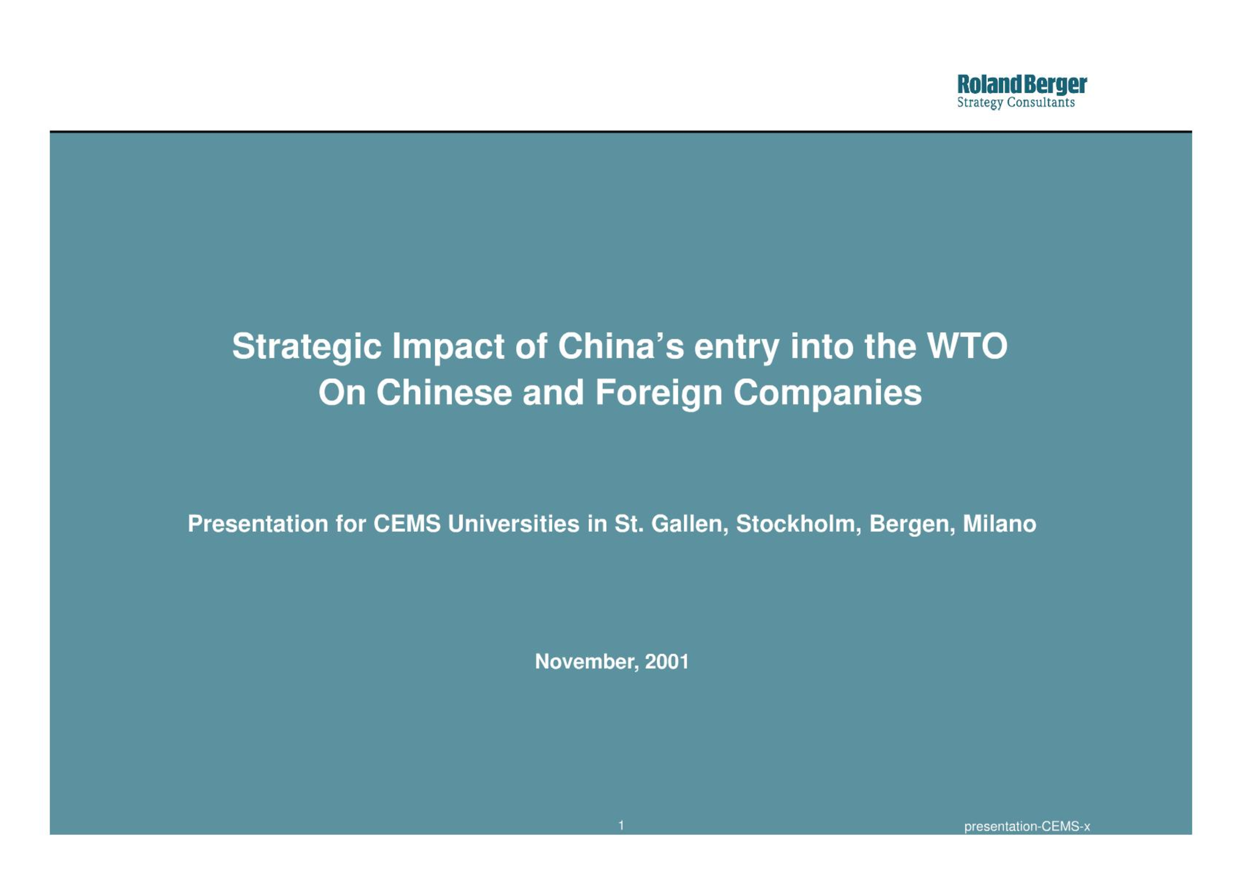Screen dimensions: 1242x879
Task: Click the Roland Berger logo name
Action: click(1021, 85)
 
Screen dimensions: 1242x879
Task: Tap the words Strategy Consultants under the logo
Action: click(1016, 103)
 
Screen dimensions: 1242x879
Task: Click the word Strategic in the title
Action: click(307, 347)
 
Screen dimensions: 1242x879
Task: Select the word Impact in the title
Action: click(448, 347)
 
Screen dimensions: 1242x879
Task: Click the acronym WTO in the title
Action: click(967, 346)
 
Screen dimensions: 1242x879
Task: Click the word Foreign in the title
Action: click(659, 394)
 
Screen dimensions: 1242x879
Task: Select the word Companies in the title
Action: click(827, 394)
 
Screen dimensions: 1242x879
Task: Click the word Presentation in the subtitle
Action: click(258, 523)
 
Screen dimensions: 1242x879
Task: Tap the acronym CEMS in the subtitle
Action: click(407, 523)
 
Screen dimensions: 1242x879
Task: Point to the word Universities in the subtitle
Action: click(513, 523)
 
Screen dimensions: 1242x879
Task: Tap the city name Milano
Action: click(999, 523)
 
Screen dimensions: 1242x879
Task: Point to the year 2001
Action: click(667, 661)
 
